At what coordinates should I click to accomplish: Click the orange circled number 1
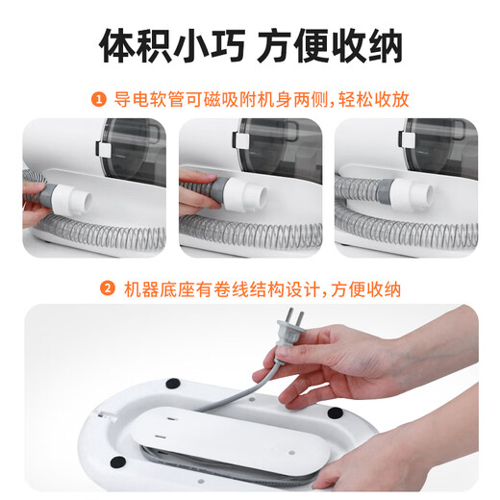(x=98, y=98)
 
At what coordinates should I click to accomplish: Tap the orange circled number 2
(x=109, y=288)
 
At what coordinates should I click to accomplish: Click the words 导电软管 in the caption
(x=142, y=98)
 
